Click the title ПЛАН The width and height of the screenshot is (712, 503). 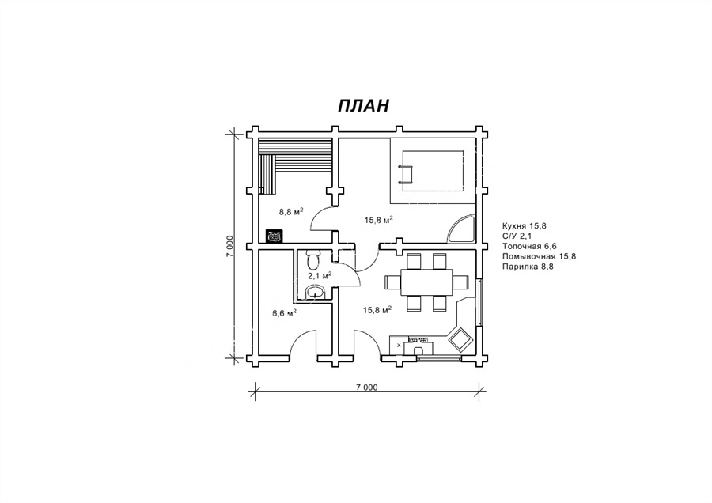click(x=363, y=105)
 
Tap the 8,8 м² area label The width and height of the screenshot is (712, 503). click(x=290, y=211)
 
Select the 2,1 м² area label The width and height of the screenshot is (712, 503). click(x=320, y=275)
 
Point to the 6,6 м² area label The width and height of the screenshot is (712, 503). click(x=285, y=312)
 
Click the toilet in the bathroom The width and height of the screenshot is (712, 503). click(x=313, y=260)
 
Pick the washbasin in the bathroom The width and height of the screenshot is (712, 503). click(x=315, y=292)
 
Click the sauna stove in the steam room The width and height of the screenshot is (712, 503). click(x=274, y=236)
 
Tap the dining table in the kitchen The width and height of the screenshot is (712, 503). click(x=426, y=282)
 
